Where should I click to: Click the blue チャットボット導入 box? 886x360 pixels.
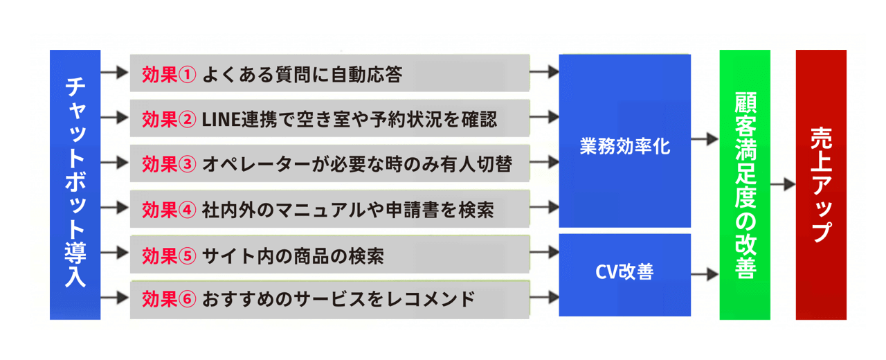click(x=75, y=184)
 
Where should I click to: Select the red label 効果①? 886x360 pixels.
click(x=169, y=74)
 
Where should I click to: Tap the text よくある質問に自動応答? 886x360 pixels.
click(x=302, y=74)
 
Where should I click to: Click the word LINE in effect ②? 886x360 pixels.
click(x=221, y=120)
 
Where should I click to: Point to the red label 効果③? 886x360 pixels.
click(x=169, y=164)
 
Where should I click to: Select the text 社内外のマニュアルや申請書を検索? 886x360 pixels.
click(x=347, y=210)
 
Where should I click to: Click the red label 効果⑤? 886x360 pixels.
click(x=169, y=256)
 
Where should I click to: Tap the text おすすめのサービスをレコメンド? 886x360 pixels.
click(x=338, y=299)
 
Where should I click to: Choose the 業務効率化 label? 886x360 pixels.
click(x=625, y=146)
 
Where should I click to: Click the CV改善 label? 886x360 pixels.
click(x=625, y=272)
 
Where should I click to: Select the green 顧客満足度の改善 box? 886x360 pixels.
click(x=745, y=184)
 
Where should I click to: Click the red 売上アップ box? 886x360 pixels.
click(x=821, y=184)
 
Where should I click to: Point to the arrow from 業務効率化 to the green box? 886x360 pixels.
click(x=705, y=139)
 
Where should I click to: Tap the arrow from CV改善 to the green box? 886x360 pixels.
click(x=705, y=274)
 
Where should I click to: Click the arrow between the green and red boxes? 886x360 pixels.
click(x=783, y=184)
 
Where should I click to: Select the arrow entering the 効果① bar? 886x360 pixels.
click(x=115, y=73)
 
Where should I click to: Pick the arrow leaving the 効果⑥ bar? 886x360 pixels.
click(x=544, y=297)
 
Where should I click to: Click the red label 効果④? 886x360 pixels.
click(x=169, y=210)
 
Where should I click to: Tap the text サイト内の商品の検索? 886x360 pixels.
click(x=293, y=256)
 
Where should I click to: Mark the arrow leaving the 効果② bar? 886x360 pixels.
click(x=544, y=117)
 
